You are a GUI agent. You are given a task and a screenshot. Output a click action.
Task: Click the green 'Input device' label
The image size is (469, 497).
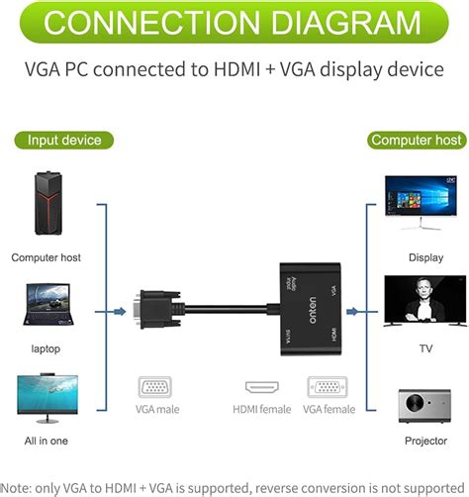(64, 141)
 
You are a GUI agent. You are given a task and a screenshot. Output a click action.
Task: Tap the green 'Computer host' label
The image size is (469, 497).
(416, 141)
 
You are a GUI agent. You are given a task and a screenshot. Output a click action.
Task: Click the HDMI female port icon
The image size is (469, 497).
(262, 388)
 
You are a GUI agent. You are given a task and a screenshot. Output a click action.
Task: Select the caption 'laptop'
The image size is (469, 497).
(46, 348)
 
